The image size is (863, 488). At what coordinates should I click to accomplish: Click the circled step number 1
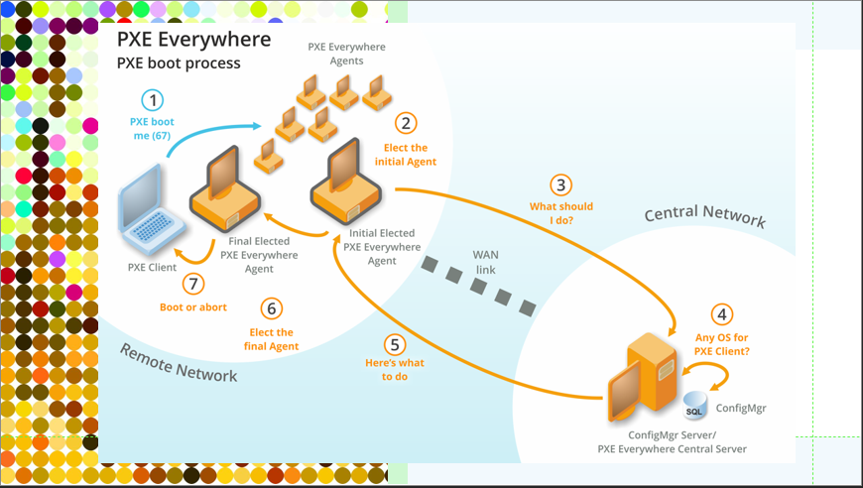tap(152, 100)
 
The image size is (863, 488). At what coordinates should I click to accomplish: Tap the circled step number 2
tap(405, 123)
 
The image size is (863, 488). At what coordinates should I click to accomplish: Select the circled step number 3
tap(561, 185)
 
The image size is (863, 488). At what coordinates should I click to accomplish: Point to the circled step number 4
tap(722, 315)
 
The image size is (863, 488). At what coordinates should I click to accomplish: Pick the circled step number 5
tap(396, 345)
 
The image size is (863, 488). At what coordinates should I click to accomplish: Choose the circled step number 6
tap(271, 308)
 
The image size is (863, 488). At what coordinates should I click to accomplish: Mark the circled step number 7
tap(193, 284)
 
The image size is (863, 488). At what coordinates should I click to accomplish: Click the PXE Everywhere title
tap(193, 40)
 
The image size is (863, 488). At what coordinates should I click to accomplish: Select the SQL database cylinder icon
tap(694, 407)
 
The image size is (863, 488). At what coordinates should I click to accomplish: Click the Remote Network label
tap(179, 362)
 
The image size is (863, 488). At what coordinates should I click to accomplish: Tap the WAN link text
tap(485, 263)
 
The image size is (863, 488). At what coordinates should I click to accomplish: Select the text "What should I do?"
tap(561, 213)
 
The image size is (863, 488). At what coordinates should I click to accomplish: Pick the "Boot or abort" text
tap(193, 307)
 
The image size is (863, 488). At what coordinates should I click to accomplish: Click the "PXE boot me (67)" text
tap(151, 128)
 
